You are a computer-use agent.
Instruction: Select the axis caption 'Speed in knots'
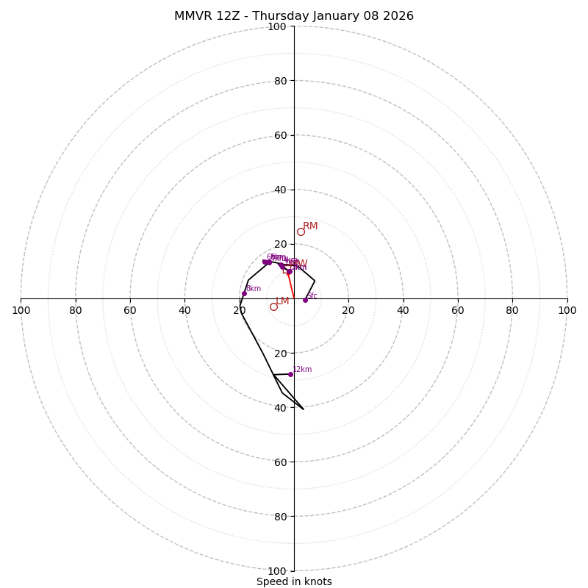pos(294,581)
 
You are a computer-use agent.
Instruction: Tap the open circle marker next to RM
pos(301,232)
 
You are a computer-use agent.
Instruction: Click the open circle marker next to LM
pos(273,306)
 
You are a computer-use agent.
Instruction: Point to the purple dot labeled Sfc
pos(305,300)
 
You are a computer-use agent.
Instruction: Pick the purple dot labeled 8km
pos(244,293)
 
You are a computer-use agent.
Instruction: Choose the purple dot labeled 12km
pos(290,374)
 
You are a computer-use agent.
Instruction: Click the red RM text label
pos(310,226)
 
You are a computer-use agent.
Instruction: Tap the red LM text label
pos(282,301)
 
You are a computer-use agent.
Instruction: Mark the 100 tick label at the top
pos(277,26)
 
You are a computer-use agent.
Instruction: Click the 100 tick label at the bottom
pos(277,571)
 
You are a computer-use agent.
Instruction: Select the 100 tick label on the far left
pos(21,310)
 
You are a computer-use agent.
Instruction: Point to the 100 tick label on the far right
pos(567,310)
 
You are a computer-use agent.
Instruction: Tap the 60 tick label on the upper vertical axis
pos(280,135)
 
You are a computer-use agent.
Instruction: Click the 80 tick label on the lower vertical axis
pos(280,517)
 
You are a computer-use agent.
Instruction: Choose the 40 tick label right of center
pos(403,310)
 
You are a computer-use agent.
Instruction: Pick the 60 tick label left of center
pos(130,310)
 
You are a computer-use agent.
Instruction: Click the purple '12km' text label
pos(302,369)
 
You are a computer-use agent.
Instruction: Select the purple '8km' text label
pos(253,288)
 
